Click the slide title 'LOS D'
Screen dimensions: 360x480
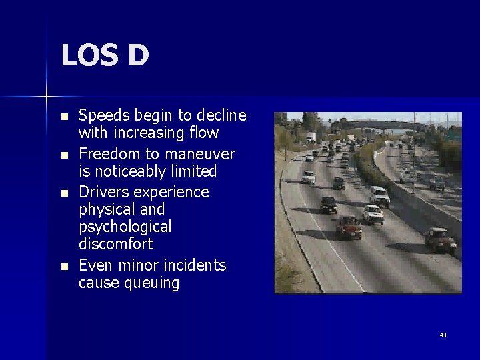(x=105, y=55)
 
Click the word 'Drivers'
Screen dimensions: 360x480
(x=101, y=192)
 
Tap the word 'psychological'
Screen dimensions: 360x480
(x=125, y=227)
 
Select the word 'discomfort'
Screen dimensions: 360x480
(x=115, y=244)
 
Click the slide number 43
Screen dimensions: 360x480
(x=443, y=335)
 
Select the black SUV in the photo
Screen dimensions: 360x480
(x=328, y=204)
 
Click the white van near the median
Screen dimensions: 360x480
(x=379, y=195)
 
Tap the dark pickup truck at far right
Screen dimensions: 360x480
(x=440, y=240)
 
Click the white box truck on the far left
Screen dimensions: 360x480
(x=311, y=137)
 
